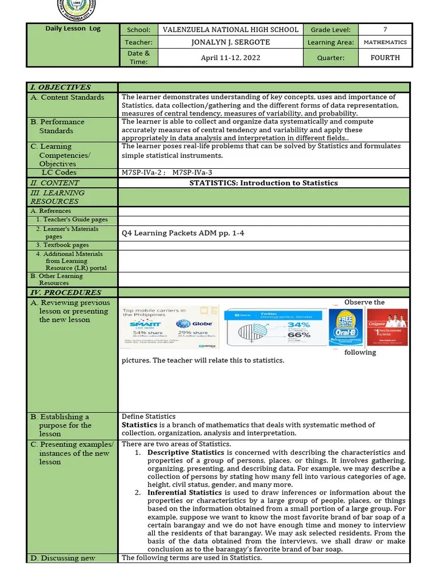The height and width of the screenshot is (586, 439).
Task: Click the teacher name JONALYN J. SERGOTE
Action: tap(230, 42)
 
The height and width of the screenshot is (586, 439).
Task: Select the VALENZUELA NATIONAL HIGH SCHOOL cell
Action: tap(230, 30)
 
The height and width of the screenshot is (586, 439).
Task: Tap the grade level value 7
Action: tap(385, 30)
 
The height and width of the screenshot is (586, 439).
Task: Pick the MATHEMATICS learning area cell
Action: tap(385, 42)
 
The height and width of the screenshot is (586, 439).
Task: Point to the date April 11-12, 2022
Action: tap(230, 58)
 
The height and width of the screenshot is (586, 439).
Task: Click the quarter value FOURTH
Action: tap(385, 58)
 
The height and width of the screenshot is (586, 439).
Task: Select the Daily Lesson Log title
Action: tap(73, 29)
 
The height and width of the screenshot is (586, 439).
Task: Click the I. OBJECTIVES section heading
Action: tap(60, 88)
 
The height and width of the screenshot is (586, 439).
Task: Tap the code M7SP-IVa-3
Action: tap(196, 172)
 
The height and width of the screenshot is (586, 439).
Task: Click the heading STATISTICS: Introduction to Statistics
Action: tap(264, 183)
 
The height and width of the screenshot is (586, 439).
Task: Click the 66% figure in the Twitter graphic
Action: tap(298, 334)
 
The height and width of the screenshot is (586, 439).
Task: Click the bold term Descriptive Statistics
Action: tap(183, 453)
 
